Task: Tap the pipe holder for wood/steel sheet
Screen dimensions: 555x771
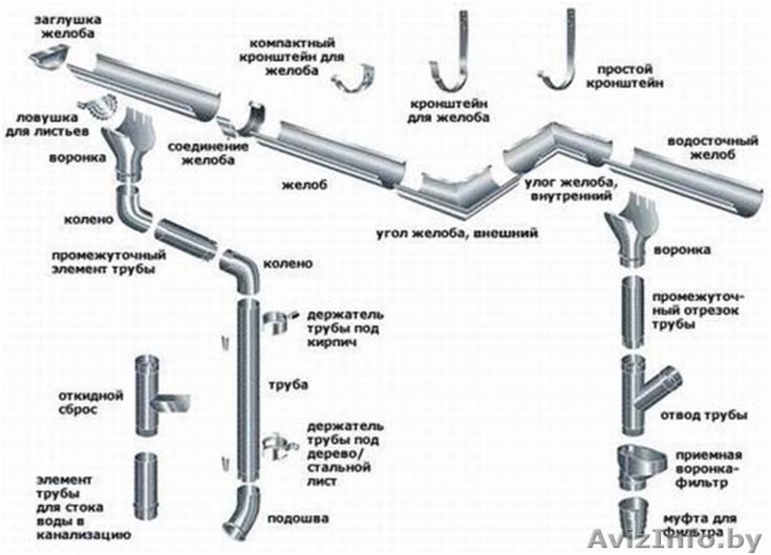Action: (277, 444)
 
